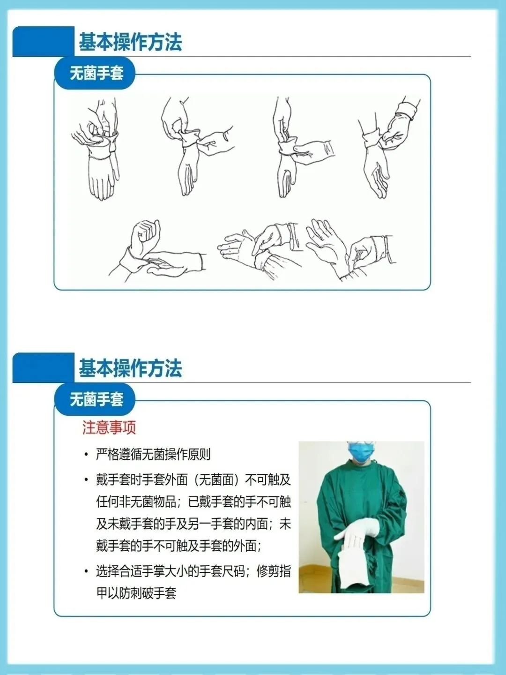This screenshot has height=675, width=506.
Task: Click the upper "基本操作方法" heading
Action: tap(130, 42)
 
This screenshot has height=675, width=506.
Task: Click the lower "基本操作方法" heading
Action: tap(130, 368)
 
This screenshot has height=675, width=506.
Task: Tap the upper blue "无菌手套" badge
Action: tap(95, 73)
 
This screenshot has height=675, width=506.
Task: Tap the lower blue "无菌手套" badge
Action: tap(95, 399)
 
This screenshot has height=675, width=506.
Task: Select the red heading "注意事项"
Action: tap(109, 427)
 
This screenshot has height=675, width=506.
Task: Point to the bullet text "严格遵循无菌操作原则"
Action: tap(153, 455)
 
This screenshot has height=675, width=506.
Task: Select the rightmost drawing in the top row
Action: tap(389, 147)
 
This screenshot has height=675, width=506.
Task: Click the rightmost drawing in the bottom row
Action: tap(350, 249)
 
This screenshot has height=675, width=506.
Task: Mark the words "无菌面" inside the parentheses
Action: tap(216, 480)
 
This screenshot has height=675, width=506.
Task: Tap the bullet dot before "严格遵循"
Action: tap(86, 455)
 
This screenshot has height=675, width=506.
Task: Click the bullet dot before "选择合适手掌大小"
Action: tap(86, 571)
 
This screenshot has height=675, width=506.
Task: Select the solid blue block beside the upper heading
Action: tap(43, 42)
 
